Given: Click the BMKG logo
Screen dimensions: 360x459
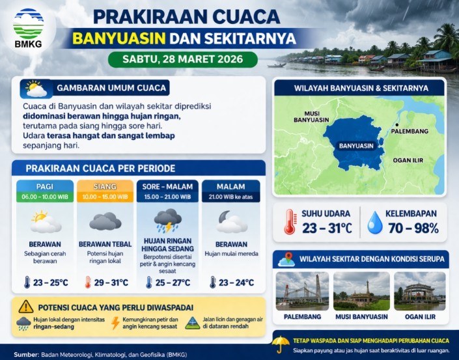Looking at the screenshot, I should point(28,29).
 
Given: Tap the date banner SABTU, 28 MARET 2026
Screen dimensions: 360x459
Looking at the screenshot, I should point(182,59).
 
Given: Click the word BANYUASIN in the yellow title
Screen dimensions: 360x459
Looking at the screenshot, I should point(126,37).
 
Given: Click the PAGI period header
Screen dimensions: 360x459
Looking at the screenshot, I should point(45,187).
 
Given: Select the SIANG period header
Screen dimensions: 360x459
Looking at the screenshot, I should point(105,187).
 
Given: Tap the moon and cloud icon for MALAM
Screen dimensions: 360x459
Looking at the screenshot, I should point(230,221).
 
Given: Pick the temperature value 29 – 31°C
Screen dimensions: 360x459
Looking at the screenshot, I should point(111,283).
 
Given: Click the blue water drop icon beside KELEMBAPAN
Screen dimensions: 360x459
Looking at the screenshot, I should point(375,222).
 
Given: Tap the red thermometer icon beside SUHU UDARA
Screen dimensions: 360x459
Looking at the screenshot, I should point(289,222).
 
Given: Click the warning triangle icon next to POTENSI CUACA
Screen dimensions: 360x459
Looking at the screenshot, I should point(26,306).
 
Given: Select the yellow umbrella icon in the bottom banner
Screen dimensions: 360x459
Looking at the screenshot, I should point(281,344).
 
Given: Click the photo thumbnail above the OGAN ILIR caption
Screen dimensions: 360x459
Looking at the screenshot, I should point(419,290).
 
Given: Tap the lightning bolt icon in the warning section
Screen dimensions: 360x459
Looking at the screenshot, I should point(116,323).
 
